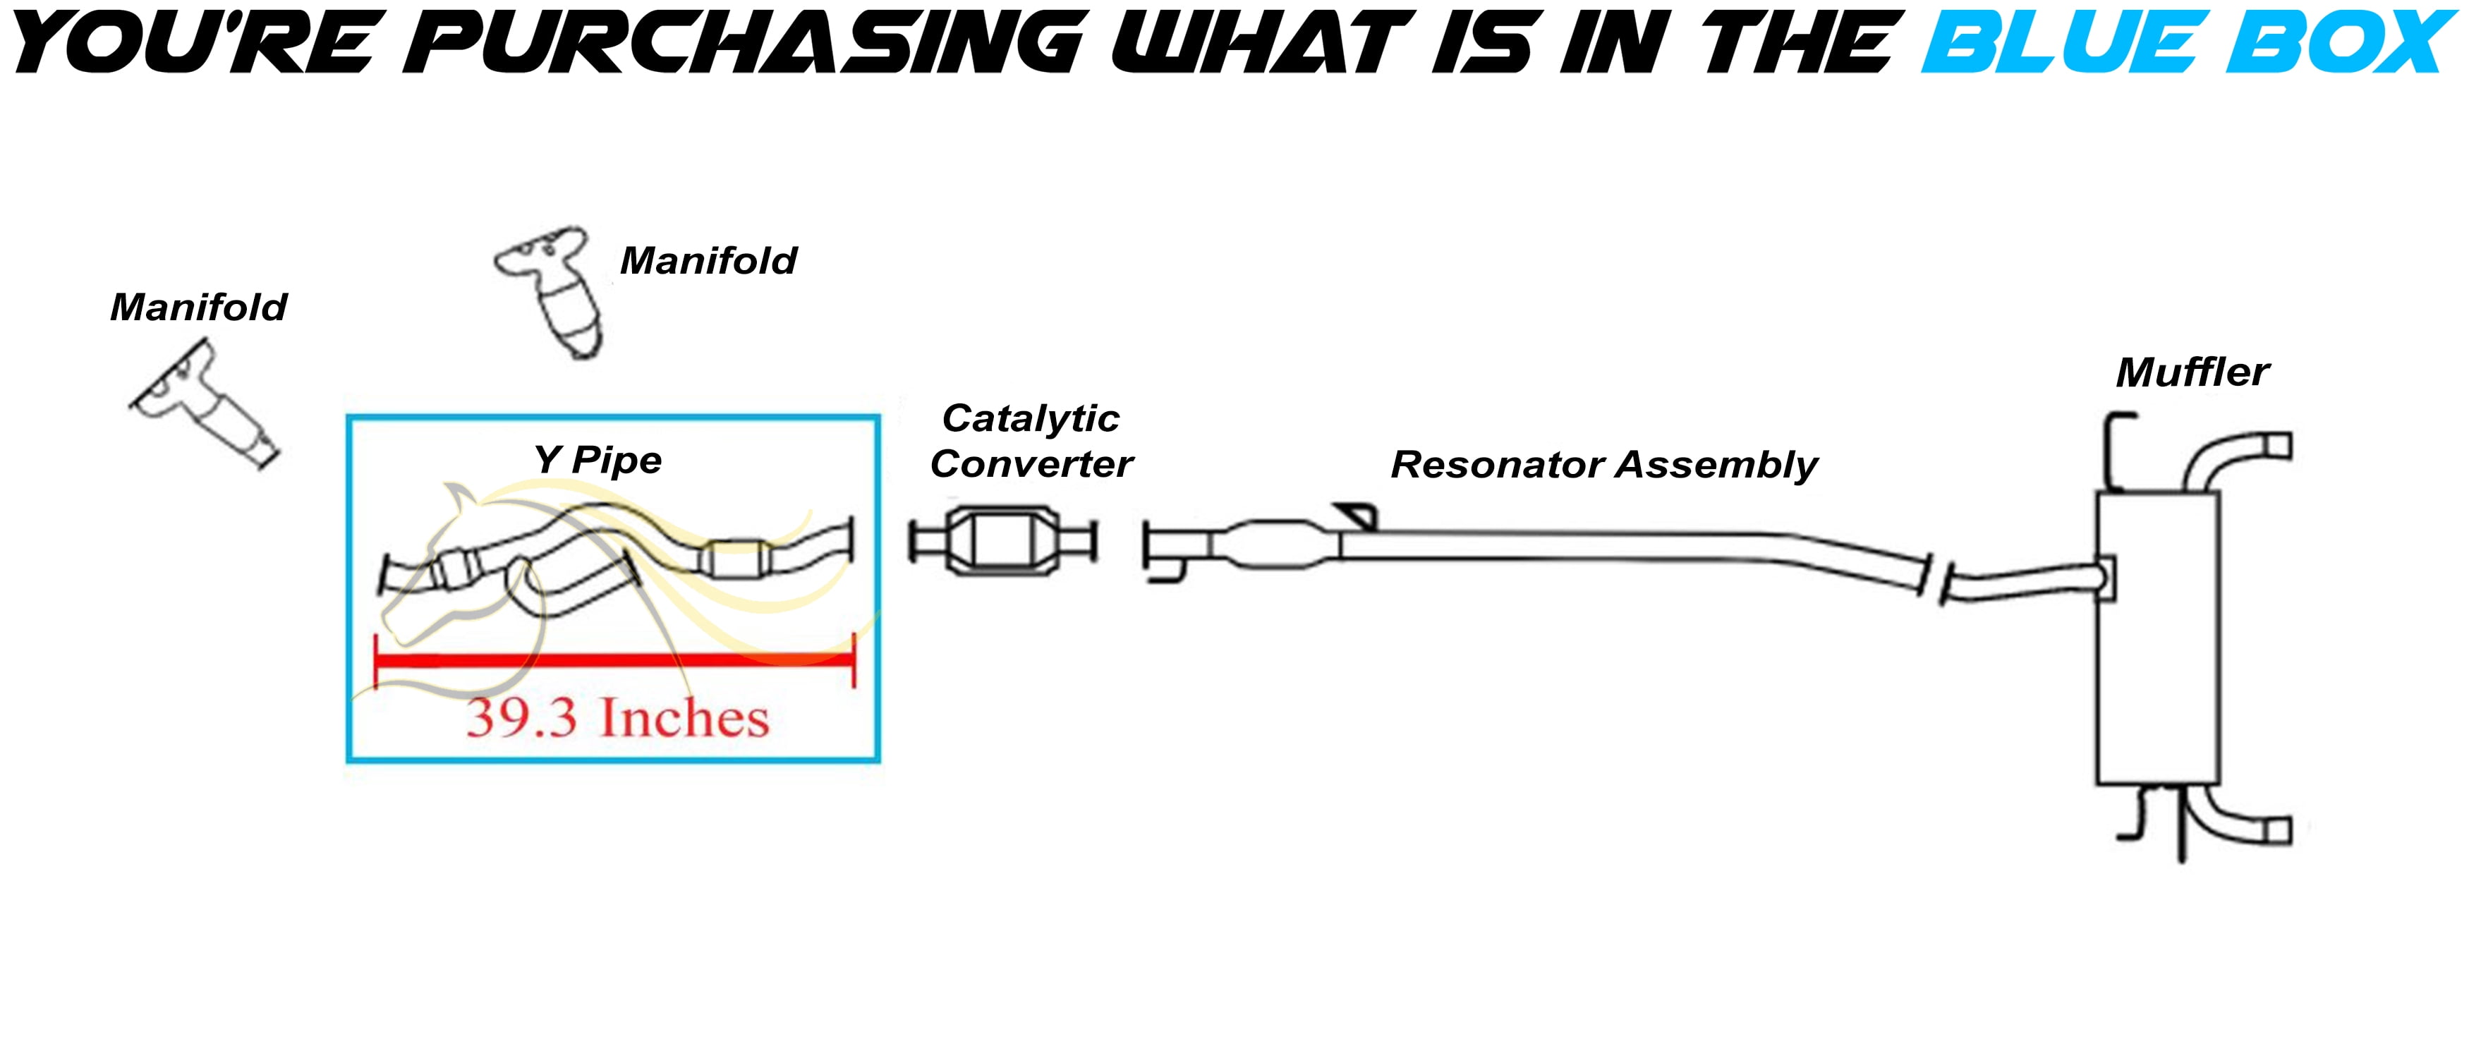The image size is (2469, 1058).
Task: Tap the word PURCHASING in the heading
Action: (x=744, y=43)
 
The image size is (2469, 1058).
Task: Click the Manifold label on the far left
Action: (x=198, y=308)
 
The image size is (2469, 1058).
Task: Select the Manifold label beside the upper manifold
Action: (x=708, y=261)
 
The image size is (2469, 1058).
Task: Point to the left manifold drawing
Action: (x=203, y=406)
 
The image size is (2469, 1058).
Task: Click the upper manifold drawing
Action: (x=550, y=291)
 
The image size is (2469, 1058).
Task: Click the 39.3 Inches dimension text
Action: (x=618, y=718)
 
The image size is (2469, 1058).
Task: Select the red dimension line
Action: (x=614, y=660)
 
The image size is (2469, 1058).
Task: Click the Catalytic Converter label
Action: (x=1031, y=441)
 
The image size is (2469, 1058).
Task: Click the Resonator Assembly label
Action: (x=1604, y=465)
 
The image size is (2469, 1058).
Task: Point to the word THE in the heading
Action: (x=1801, y=43)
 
